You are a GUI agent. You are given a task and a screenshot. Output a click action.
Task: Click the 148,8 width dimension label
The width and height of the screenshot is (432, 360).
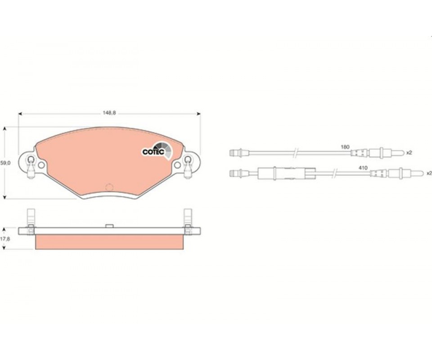coord(109,112)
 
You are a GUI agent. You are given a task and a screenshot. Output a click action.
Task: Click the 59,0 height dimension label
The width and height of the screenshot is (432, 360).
coord(5,163)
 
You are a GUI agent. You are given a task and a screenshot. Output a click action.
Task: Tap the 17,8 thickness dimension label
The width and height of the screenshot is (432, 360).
coord(5,239)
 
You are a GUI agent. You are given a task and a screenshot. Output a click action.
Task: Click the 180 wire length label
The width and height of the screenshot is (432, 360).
coord(345,147)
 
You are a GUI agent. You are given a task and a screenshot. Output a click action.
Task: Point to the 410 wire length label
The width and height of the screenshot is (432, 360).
coord(364,168)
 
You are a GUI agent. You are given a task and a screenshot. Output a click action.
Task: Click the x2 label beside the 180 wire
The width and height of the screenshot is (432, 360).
coord(409,153)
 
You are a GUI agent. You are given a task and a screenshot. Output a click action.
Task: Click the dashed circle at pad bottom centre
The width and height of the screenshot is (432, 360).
coord(109,187)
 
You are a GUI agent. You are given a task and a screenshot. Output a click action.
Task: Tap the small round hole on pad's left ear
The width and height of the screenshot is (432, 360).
coord(41,165)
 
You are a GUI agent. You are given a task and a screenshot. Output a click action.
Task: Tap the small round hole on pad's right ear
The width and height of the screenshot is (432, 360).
coord(178,165)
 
